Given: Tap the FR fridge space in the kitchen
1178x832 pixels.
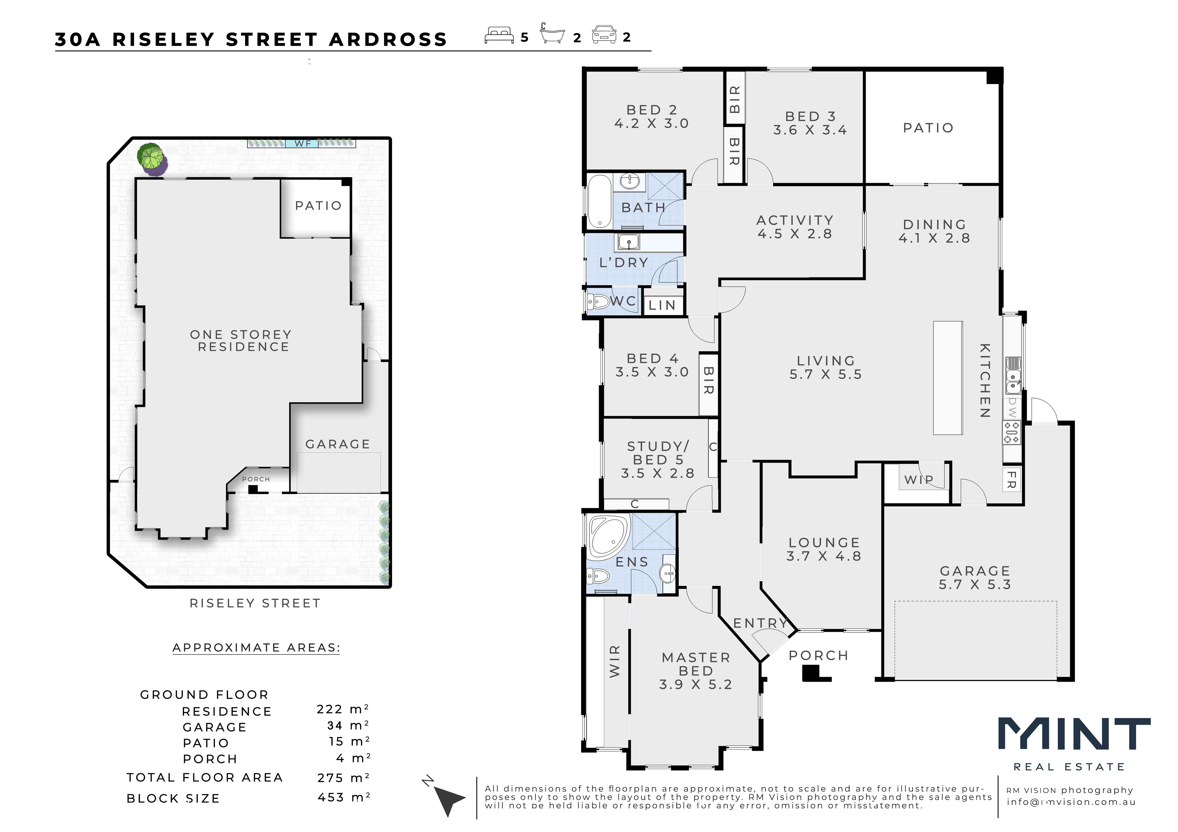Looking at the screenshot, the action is (x=1012, y=480).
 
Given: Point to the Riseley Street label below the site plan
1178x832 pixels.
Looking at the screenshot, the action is (x=255, y=603).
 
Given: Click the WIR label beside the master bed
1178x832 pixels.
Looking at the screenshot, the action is (x=615, y=661).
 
